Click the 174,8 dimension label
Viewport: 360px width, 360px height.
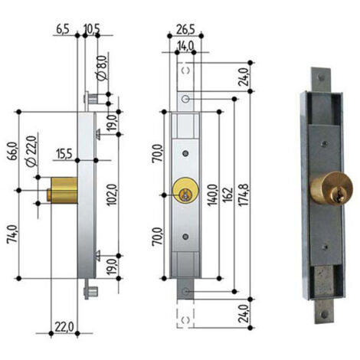(244, 195)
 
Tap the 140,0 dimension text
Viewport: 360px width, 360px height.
(212, 195)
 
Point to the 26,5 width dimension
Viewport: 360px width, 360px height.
(185, 29)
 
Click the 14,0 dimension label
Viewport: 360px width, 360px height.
(185, 46)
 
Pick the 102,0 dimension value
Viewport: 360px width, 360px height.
(112, 195)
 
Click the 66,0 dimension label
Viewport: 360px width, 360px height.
(13, 151)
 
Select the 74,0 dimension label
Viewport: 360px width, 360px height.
(13, 234)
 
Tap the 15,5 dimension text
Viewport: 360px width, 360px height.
(64, 154)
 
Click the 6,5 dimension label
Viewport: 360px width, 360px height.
(63, 29)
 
